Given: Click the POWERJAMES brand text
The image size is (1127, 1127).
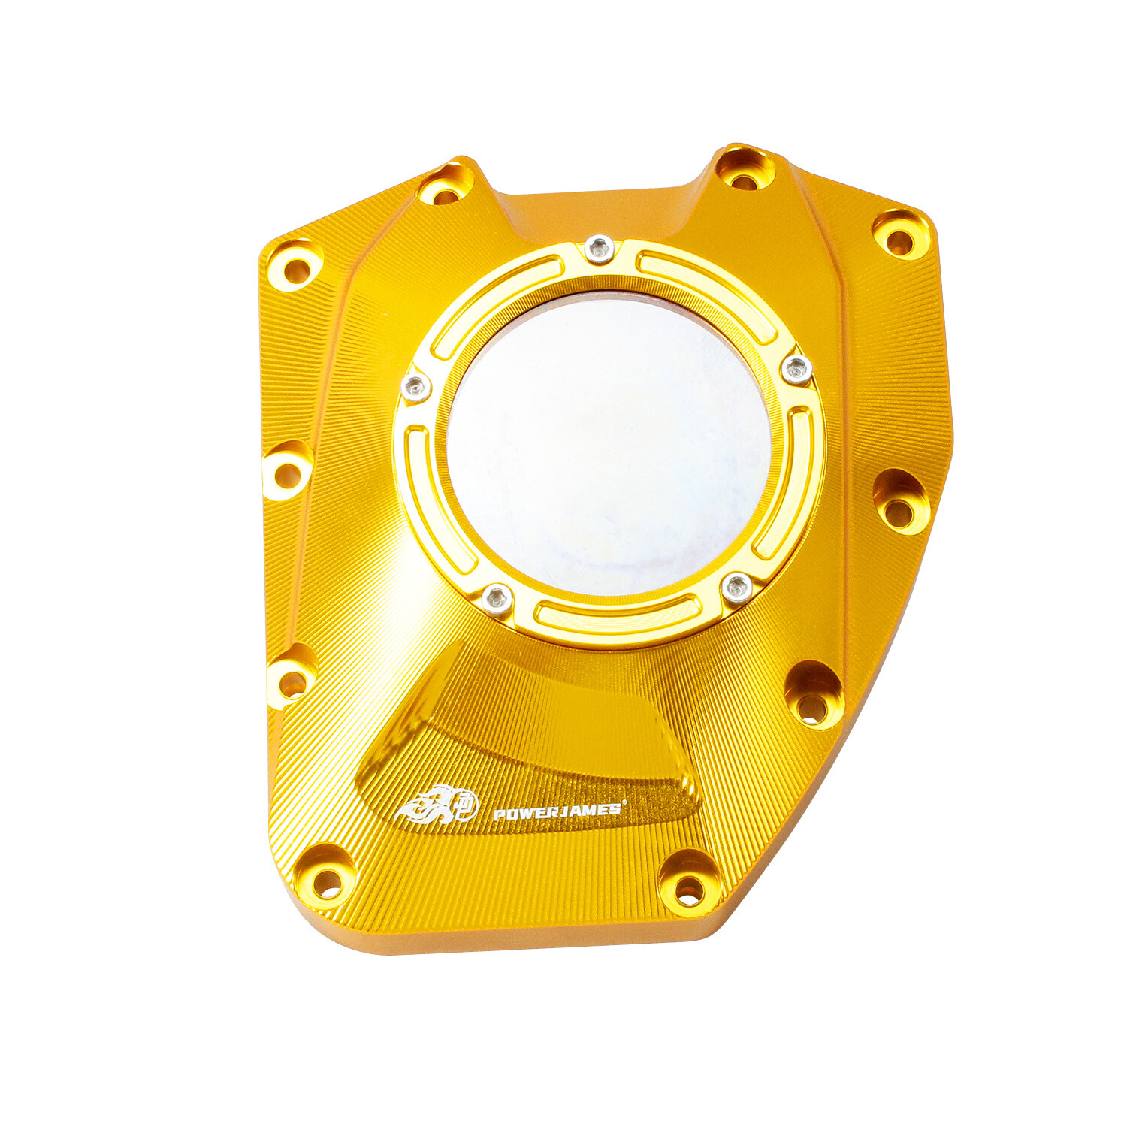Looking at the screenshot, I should (x=557, y=811).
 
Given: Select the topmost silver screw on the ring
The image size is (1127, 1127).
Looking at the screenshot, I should (x=599, y=248).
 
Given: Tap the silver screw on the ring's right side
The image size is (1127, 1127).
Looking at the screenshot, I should (x=796, y=369).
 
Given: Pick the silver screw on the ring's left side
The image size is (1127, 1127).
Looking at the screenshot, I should (x=415, y=387).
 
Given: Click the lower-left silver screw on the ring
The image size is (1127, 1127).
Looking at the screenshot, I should (x=497, y=599).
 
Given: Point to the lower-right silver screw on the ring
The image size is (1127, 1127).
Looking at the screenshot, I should (x=737, y=587).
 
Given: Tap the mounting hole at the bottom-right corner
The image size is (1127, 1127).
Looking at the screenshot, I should (x=688, y=891).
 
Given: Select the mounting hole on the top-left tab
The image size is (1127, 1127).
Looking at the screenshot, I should (x=446, y=195).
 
